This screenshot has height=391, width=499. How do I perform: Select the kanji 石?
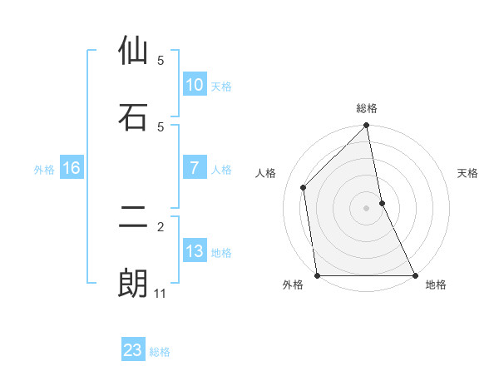[133, 117]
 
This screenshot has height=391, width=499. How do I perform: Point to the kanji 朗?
[133, 284]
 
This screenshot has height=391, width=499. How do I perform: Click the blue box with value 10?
[194, 85]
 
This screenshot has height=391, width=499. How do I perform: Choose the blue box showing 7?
[194, 168]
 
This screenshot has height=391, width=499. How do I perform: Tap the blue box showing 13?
[194, 251]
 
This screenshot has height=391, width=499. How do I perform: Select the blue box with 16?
[72, 168]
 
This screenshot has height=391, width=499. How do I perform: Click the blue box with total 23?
[133, 350]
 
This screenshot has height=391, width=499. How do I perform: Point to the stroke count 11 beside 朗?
[161, 294]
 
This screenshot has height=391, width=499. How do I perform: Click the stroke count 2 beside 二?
[161, 226]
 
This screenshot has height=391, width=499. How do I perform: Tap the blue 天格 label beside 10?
[221, 86]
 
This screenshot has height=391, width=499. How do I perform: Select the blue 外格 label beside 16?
[44, 169]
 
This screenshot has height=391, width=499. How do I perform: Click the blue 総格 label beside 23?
[160, 351]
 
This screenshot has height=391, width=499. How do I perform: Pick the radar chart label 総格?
[367, 108]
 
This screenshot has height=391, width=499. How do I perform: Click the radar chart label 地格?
[436, 285]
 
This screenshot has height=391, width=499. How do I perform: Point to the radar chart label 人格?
[266, 173]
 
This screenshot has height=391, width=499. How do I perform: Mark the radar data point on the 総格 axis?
[367, 126]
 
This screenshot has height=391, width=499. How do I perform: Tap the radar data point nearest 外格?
[318, 275]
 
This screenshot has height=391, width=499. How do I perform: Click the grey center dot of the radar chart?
[367, 208]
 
